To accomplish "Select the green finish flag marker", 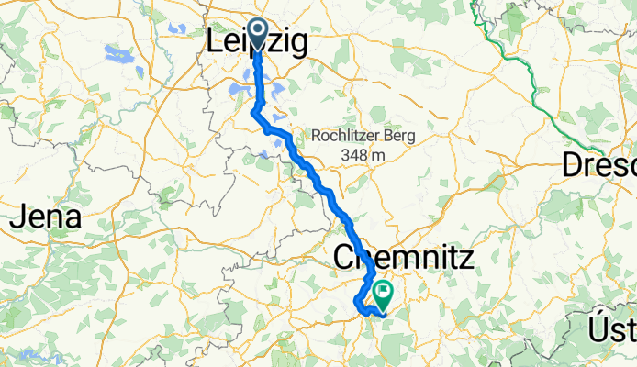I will [382, 294].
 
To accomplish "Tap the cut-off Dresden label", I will [598, 166].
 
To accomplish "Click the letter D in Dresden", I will [572, 166].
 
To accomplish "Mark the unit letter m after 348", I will [377, 156].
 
